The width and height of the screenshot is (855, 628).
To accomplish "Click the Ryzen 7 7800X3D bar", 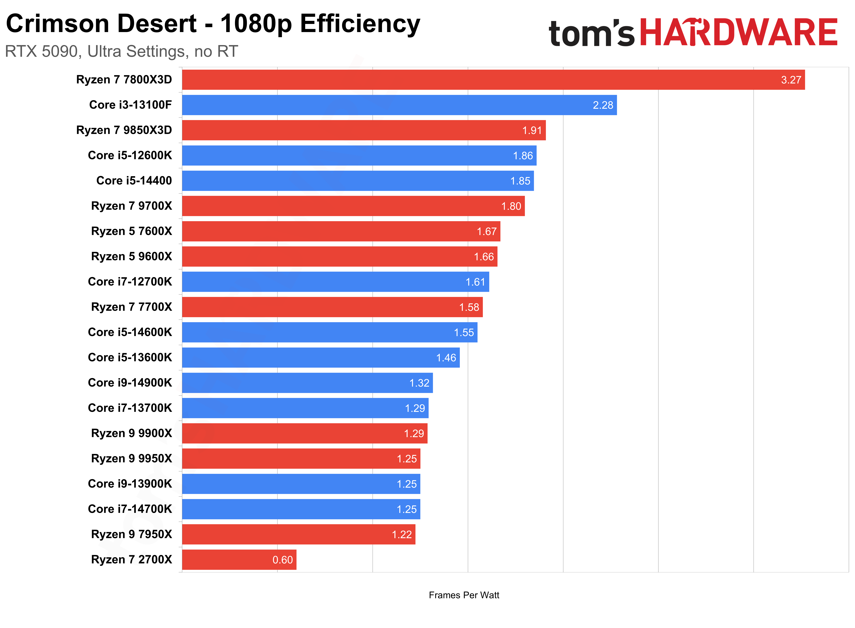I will (493, 80).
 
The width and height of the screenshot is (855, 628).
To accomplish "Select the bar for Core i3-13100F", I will (399, 105).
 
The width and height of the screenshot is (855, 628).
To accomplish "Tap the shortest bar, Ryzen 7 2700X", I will (239, 560).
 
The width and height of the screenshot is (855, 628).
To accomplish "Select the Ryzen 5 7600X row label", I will (132, 231).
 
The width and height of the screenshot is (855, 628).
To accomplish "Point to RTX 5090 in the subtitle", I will (41, 51).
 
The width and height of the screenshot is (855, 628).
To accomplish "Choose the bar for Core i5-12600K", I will (359, 155).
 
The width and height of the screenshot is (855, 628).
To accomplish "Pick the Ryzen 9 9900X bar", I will (305, 433).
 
